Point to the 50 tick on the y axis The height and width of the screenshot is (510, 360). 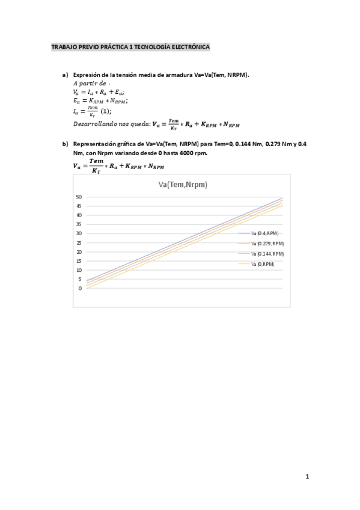pos(79,197)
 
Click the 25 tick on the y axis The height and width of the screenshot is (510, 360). pos(79,242)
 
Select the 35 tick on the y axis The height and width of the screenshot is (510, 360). pos(79,224)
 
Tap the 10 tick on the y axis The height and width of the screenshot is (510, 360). pos(79,270)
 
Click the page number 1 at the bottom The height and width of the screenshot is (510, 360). pos(307,477)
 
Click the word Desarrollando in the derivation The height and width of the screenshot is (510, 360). pos(91,123)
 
